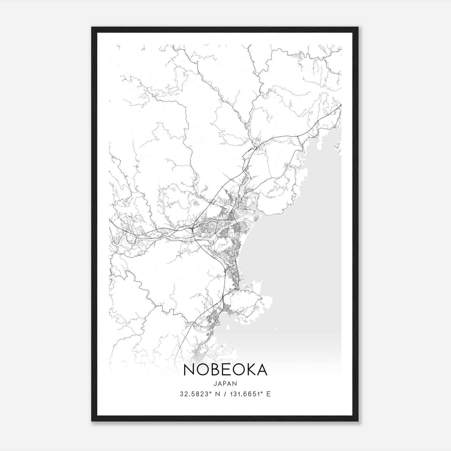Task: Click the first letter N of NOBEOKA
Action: coord(189,370)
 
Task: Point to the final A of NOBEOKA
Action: coord(262,370)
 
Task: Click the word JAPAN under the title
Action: coord(225,384)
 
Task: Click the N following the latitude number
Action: coord(217,394)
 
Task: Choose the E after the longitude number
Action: coord(268,394)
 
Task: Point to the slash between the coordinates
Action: coord(225,394)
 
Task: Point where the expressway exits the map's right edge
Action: coord(341,105)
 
